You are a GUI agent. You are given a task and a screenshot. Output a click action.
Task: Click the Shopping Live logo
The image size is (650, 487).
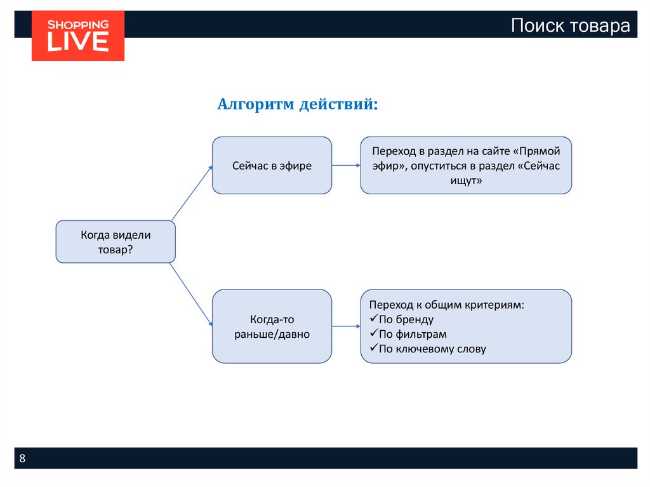(x=78, y=36)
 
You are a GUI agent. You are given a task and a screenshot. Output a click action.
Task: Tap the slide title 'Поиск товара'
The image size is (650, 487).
(x=571, y=25)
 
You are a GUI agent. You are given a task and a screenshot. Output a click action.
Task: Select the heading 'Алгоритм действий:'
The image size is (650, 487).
(x=297, y=103)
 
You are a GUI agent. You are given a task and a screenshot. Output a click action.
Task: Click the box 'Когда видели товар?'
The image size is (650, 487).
(x=116, y=242)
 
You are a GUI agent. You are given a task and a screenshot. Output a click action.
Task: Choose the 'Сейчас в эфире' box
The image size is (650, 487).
(x=272, y=165)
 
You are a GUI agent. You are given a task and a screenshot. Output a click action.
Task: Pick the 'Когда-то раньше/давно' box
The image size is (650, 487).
(x=272, y=326)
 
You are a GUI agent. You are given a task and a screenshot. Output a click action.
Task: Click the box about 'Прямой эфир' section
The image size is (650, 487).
(x=466, y=165)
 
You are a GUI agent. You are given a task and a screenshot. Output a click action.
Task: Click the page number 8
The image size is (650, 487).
(x=23, y=458)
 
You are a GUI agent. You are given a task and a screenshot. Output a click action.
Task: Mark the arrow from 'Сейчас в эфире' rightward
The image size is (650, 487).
(x=346, y=165)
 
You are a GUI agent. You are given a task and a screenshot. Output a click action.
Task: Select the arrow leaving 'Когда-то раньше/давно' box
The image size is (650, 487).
(x=346, y=326)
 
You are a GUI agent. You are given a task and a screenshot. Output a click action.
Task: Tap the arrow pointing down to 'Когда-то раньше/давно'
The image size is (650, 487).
(x=191, y=295)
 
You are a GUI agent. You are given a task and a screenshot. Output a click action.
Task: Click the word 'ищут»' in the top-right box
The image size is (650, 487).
(x=466, y=180)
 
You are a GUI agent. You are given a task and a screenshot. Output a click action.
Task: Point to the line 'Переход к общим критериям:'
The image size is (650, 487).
(x=447, y=305)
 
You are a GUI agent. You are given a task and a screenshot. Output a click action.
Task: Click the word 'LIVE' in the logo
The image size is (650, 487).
(x=78, y=42)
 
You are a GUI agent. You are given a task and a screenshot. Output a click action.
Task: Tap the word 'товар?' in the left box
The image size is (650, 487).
(x=116, y=250)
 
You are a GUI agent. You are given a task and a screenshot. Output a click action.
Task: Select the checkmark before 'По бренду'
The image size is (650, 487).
(x=373, y=319)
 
